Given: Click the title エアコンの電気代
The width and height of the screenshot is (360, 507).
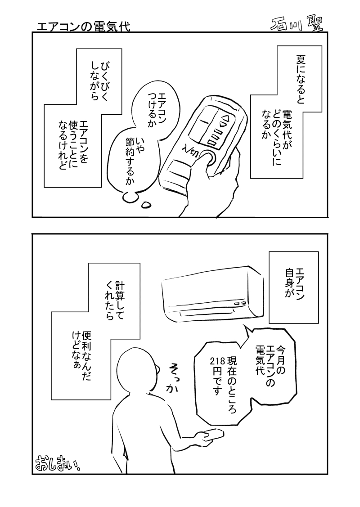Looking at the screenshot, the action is pos(84,26).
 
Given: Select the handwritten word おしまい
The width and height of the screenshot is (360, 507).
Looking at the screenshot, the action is pos(56,463).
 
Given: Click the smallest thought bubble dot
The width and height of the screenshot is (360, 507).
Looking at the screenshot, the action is pos(146,205).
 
